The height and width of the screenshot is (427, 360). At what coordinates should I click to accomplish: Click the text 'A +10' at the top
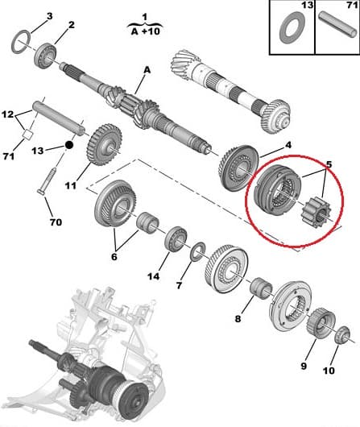click(x=145, y=32)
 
